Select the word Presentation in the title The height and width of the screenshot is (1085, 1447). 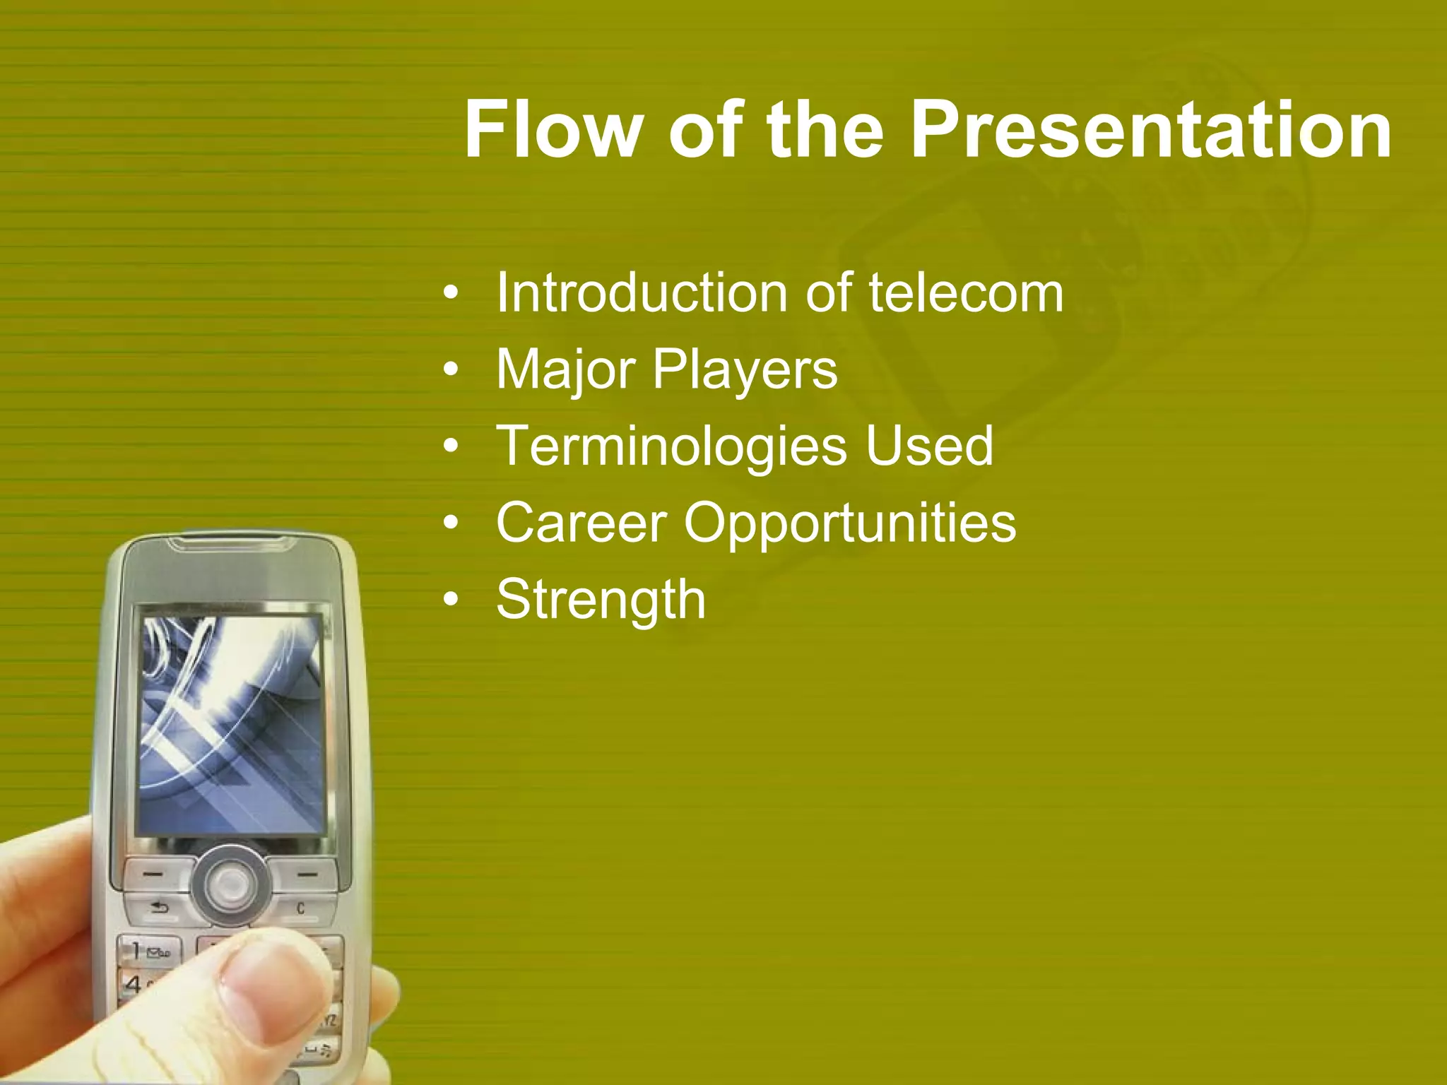1151,130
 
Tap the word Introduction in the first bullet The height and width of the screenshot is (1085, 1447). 641,292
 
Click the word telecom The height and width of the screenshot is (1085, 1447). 966,292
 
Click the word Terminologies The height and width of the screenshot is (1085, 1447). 671,446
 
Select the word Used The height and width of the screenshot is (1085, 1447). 929,446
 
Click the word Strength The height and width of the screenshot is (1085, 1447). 601,599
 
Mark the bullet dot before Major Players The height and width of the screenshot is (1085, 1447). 451,369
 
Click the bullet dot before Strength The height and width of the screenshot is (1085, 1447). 451,600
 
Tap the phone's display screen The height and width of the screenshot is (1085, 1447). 232,724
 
